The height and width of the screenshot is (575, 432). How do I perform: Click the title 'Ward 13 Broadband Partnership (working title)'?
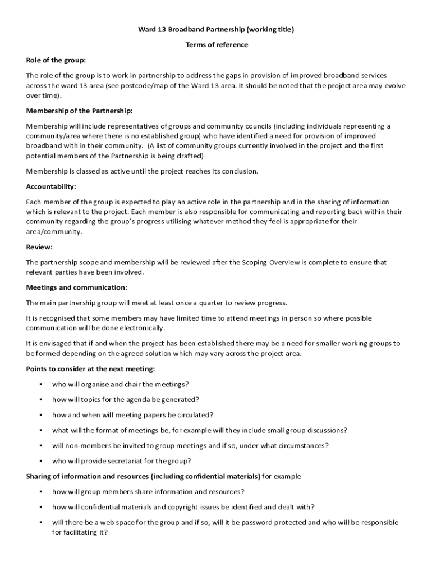216,30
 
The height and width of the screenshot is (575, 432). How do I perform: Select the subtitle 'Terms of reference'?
216,45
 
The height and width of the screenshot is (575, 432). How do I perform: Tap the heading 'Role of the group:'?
56,60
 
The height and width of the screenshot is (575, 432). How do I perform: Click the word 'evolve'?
393,85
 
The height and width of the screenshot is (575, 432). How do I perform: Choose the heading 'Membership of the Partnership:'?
80,111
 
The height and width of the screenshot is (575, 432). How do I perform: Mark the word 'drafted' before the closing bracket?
189,156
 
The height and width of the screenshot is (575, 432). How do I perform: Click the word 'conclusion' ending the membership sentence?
239,171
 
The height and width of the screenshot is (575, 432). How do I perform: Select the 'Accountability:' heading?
51,186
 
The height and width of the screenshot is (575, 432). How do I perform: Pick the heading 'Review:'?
39,247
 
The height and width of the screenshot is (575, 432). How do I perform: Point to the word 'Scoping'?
253,262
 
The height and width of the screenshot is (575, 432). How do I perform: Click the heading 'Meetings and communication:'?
76,287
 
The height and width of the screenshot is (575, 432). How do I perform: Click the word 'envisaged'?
50,343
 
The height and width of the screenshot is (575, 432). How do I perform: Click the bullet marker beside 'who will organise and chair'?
41,385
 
